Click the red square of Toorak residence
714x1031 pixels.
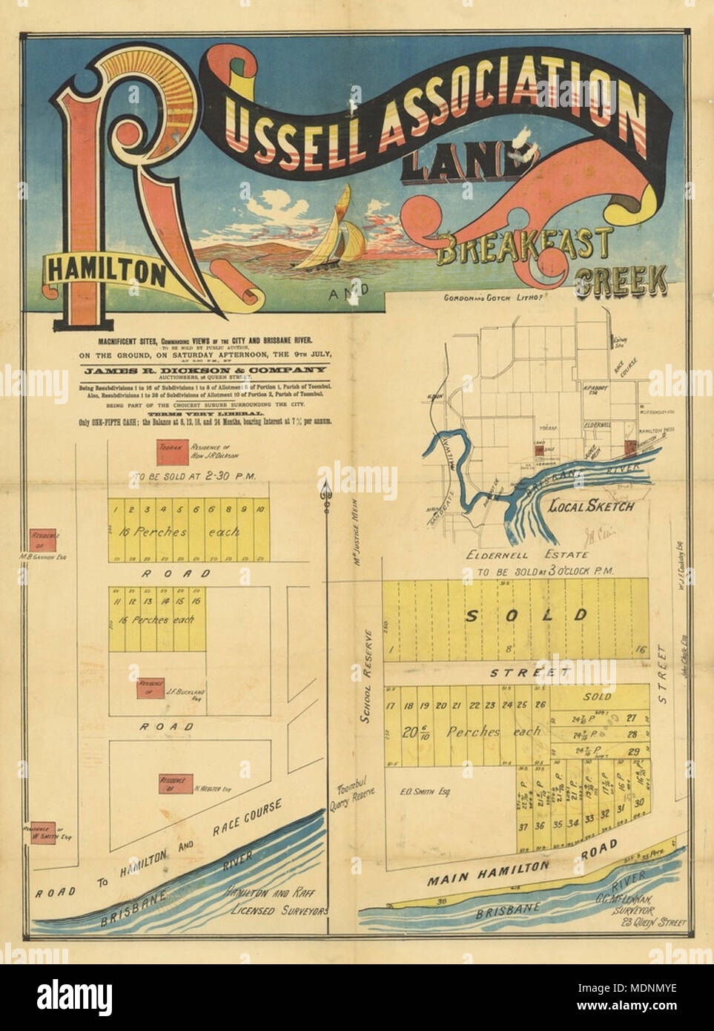pos(168,452)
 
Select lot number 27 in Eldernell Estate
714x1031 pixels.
pos(631,717)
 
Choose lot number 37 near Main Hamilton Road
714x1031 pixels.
pos(523,826)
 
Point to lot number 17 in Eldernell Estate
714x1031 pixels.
pos(391,705)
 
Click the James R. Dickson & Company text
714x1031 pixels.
pos(205,369)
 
